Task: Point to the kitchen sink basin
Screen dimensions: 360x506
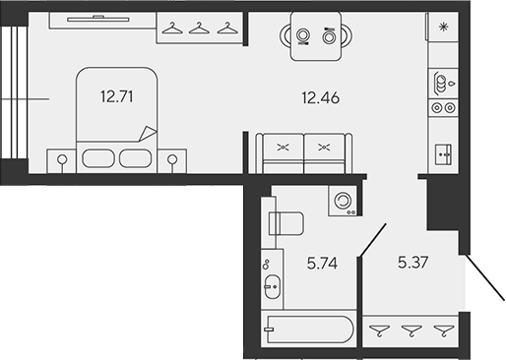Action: tap(439, 82)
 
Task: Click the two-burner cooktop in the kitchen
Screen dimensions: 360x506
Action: tap(440, 151)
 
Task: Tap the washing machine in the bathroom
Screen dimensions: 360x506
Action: tap(343, 200)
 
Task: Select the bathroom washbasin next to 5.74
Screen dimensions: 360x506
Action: tap(273, 288)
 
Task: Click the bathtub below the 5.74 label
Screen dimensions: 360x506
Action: tap(309, 329)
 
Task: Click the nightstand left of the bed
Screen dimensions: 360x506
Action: tap(61, 157)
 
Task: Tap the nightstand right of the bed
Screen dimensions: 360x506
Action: tap(173, 157)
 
